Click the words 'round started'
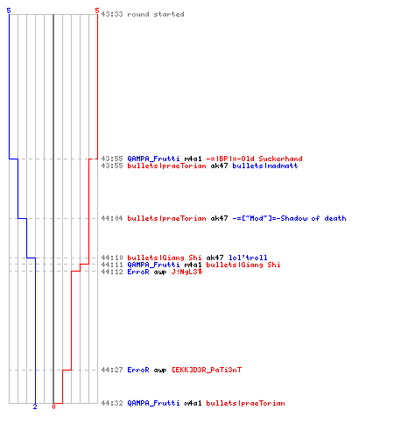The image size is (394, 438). (156, 14)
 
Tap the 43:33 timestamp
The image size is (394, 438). (112, 14)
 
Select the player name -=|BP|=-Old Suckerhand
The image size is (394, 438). (254, 159)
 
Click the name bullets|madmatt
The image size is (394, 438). (265, 166)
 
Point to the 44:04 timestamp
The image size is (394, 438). (112, 218)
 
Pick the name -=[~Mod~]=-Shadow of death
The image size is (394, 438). (289, 218)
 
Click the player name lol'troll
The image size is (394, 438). (248, 258)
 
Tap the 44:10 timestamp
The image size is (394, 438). (112, 258)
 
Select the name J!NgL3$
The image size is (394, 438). (186, 272)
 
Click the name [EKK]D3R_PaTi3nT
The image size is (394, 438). (207, 370)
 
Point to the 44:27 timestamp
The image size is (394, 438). (112, 370)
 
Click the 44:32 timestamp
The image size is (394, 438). (112, 403)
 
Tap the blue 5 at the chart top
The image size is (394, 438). (9, 11)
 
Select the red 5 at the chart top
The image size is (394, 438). (97, 11)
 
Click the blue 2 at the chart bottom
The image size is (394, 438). (35, 406)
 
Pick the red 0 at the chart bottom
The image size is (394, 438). (53, 406)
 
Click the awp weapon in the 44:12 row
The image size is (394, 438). (160, 272)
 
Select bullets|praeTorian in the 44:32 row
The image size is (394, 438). (245, 403)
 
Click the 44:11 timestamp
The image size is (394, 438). (112, 265)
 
